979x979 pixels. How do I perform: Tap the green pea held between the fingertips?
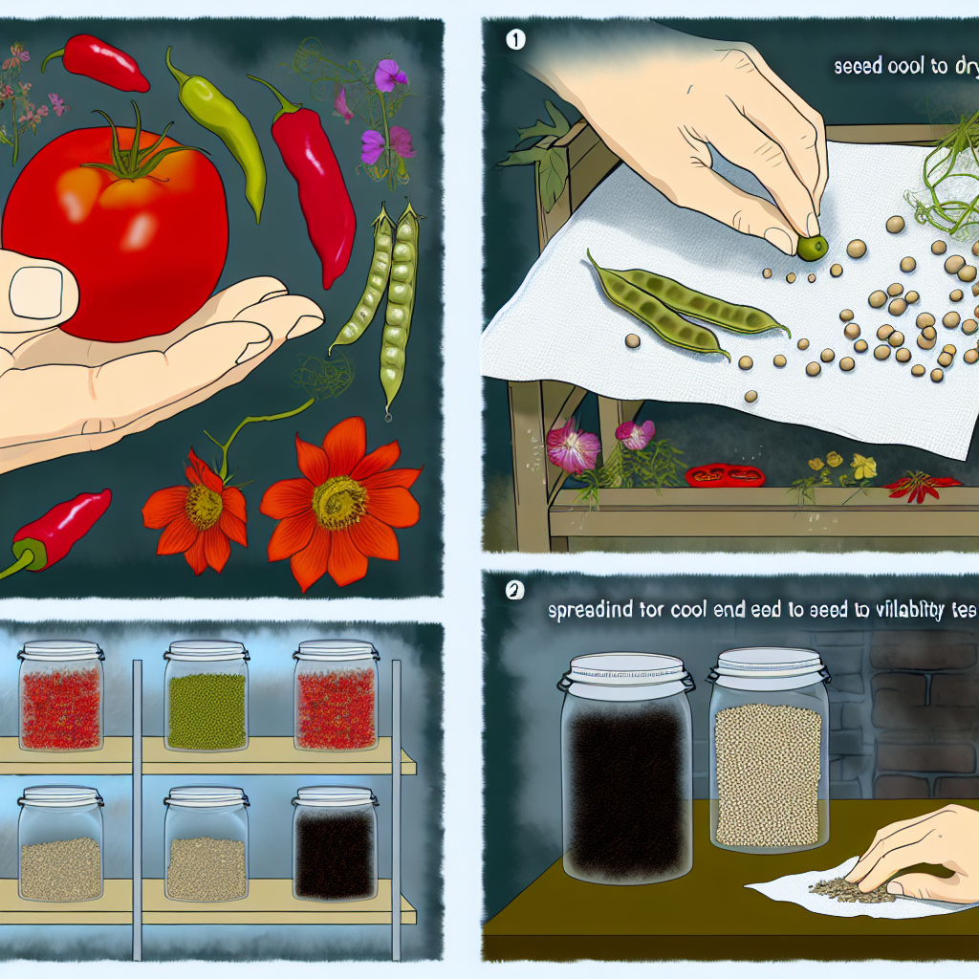[x=812, y=249]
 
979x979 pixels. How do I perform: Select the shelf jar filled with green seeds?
[x=207, y=703]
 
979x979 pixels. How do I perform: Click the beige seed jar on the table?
[x=767, y=755]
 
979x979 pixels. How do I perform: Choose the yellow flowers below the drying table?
[x=841, y=468]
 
